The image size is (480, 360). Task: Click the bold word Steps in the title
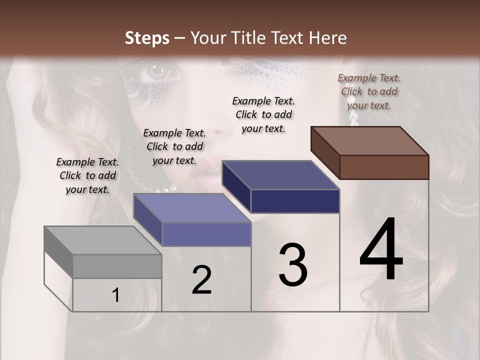[147, 38]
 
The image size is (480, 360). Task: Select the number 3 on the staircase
[293, 265]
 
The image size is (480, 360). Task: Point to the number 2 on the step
[201, 280]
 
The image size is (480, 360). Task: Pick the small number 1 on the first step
[116, 295]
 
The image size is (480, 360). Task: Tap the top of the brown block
[370, 140]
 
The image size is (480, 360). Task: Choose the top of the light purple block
[192, 208]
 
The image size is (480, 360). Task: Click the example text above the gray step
[87, 175]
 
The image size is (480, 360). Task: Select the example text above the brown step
[369, 91]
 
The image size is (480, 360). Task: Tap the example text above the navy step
[263, 114]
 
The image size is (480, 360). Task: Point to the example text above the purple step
[174, 146]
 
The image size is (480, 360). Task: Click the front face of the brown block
[384, 167]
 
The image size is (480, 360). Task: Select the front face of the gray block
[117, 266]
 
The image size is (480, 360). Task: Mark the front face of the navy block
[295, 201]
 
